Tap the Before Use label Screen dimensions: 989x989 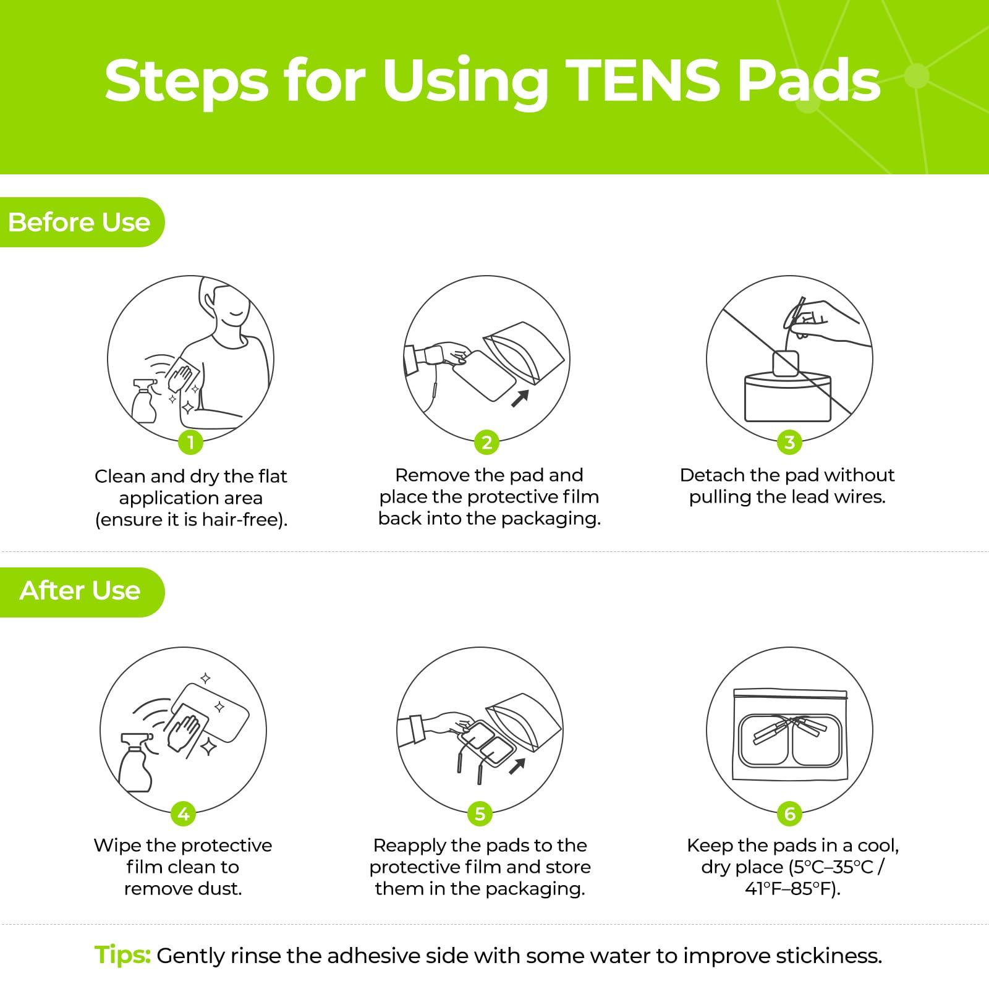[x=79, y=223]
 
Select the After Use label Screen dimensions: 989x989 [x=80, y=591]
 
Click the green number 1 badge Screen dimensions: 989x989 [x=190, y=442]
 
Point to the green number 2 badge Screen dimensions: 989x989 [x=487, y=442]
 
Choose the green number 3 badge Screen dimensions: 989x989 [x=789, y=442]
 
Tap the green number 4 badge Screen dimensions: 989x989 [x=184, y=814]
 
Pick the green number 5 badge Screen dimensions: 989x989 [x=480, y=814]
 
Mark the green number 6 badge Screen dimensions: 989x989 [x=789, y=814]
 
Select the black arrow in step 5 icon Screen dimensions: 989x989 [x=517, y=766]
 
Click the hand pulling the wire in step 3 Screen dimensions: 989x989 [x=822, y=321]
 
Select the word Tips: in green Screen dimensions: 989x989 [x=122, y=955]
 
